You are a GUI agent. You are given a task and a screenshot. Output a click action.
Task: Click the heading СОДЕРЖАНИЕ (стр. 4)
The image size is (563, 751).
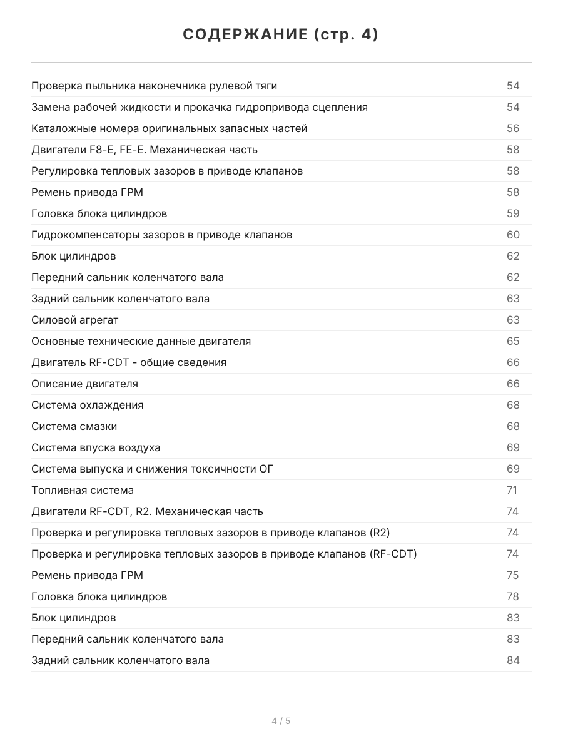point(281,35)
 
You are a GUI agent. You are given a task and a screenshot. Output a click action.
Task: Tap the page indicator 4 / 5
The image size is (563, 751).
point(281,721)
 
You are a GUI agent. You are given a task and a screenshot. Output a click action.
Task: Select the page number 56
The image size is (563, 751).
point(513,128)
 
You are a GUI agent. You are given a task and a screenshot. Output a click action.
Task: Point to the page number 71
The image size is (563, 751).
point(512,490)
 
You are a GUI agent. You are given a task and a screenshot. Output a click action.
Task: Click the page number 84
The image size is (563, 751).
point(513,660)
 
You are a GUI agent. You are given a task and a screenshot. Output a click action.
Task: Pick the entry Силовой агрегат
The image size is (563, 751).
point(75,320)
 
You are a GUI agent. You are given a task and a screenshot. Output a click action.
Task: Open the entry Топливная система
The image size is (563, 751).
point(83,490)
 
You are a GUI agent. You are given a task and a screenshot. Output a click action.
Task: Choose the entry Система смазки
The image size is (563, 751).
point(74,426)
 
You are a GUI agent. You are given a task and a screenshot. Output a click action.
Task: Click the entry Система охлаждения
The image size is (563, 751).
point(88,405)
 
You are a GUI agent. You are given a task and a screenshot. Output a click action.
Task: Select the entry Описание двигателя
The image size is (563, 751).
point(85,384)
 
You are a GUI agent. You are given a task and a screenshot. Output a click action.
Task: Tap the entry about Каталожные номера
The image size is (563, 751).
point(170,128)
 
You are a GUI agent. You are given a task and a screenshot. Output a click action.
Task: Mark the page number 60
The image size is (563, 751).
point(513,235)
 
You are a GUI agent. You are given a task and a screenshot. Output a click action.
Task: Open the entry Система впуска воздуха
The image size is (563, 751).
point(96,447)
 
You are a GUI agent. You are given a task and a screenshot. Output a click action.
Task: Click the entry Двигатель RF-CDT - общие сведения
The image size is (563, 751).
point(129,362)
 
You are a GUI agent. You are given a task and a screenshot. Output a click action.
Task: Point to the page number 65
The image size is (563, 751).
point(513,341)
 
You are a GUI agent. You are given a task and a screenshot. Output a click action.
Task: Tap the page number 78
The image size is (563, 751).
point(513,596)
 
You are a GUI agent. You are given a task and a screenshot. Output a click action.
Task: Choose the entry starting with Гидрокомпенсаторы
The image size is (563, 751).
point(162,235)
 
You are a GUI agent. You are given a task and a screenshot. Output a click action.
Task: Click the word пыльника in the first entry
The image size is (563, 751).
point(104,86)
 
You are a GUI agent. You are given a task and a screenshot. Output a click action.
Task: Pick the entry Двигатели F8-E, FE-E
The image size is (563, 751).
point(145,150)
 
